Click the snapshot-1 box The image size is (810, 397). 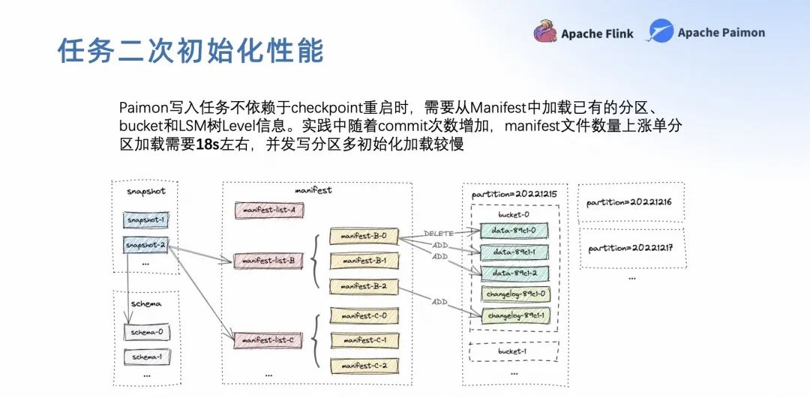145,219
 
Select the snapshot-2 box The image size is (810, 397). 145,244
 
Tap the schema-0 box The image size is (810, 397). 147,332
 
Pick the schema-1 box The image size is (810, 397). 147,357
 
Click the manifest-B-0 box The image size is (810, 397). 364,236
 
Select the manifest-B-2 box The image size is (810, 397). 364,286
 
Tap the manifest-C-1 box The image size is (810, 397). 364,340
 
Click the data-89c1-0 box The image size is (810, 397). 514,230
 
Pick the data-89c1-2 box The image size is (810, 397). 514,273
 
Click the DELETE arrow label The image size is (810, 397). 439,234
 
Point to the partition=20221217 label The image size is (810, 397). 631,248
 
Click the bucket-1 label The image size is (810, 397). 513,351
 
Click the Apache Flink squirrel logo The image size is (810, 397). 545,32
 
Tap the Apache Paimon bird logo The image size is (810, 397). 661,31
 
